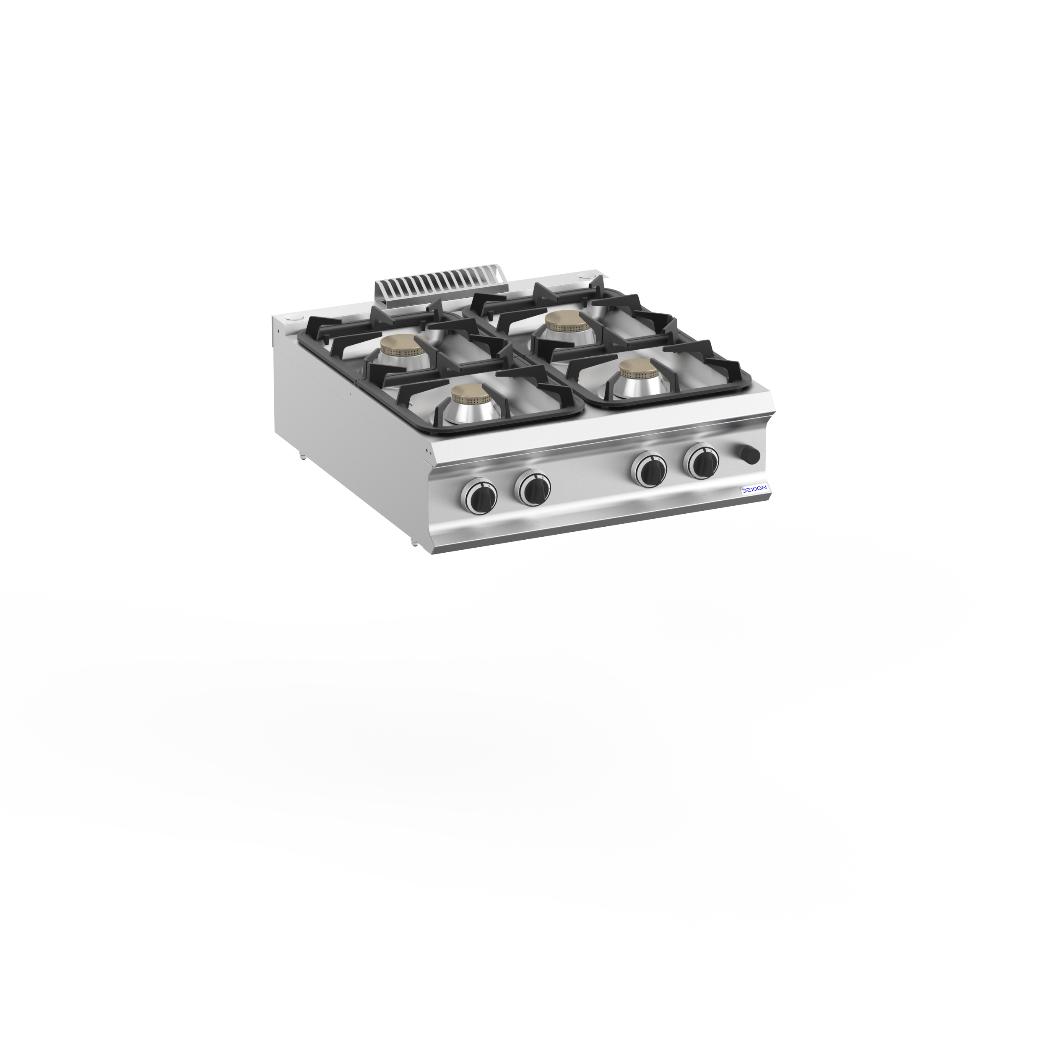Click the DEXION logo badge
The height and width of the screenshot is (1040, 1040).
click(x=755, y=489)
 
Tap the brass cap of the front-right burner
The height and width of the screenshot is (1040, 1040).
click(x=638, y=369)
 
